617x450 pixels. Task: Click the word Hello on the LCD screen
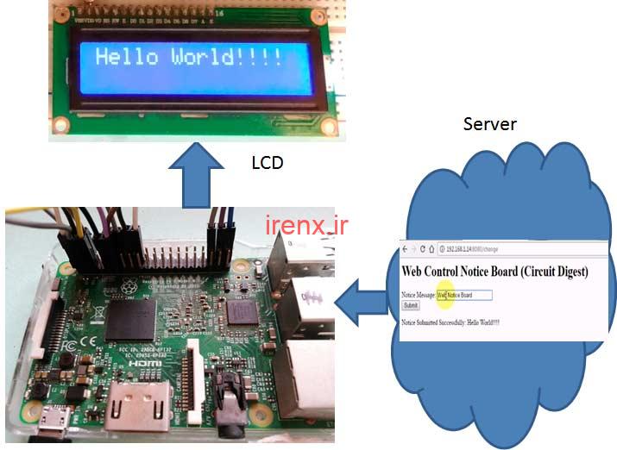click(x=127, y=59)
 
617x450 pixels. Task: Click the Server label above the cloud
click(x=489, y=123)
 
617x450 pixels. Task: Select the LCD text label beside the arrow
click(x=267, y=162)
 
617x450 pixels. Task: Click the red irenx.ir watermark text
click(x=306, y=226)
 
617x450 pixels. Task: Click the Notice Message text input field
click(x=464, y=295)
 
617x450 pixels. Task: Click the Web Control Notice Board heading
click(x=494, y=271)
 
